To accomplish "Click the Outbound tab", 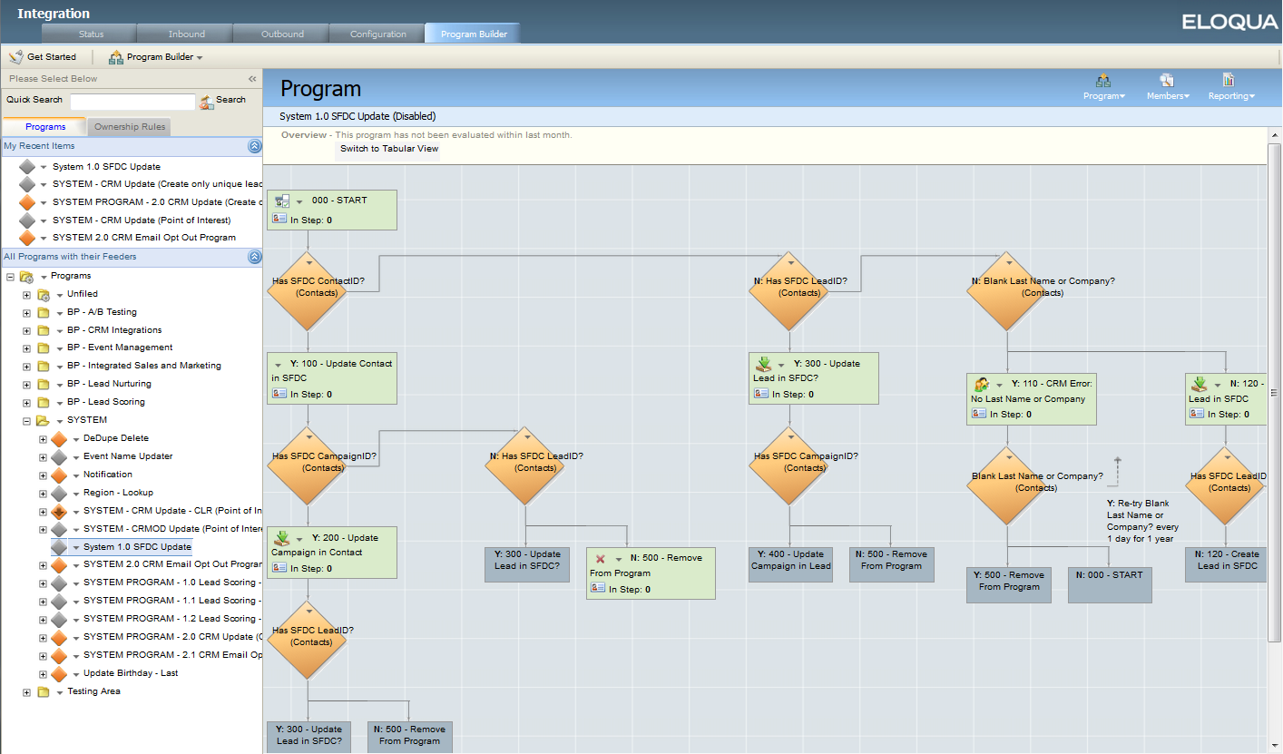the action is click(282, 34).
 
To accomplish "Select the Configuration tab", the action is click(378, 34).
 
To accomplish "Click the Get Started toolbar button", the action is click(43, 57).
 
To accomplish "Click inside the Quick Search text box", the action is click(132, 101).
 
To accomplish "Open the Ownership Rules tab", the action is click(130, 127).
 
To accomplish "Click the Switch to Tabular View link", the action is click(389, 149).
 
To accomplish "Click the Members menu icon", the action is click(1167, 80).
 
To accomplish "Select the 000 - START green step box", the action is click(331, 210).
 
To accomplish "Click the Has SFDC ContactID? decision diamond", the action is click(308, 291).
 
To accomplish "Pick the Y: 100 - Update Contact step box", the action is click(331, 378).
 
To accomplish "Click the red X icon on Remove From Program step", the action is click(601, 559).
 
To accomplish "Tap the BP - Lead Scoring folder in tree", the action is click(106, 402).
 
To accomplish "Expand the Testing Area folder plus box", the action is click(26, 692).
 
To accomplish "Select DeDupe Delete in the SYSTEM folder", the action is click(116, 437).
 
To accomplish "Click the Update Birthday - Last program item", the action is click(131, 672).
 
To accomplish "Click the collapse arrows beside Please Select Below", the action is click(252, 79).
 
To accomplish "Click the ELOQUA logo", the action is click(1229, 22).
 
